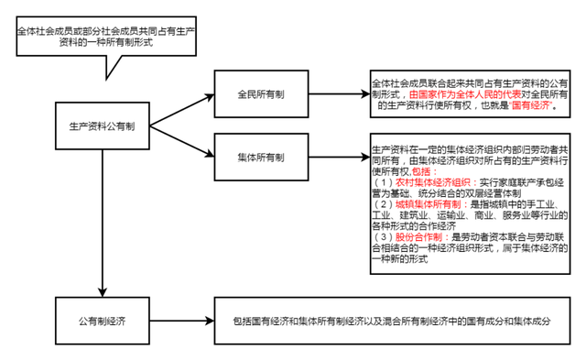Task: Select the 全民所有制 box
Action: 260,94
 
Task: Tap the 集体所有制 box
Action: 260,157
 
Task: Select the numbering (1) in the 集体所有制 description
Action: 382,182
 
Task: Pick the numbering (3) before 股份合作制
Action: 382,235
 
